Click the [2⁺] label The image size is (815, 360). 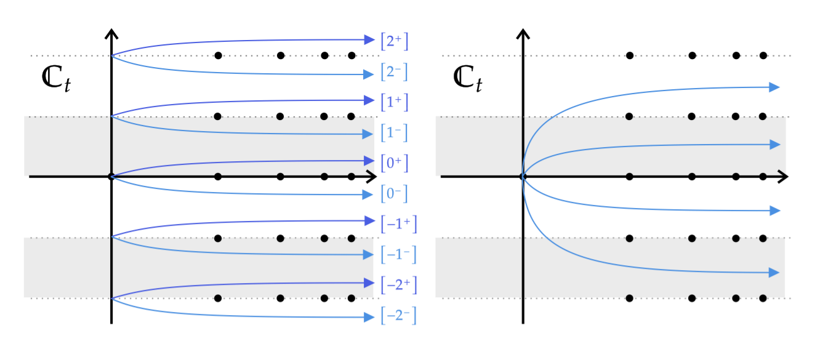[395, 41]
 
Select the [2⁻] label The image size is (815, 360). [395, 73]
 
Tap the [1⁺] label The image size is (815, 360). [395, 102]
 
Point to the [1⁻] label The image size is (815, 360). [395, 132]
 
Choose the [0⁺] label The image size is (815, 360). [395, 163]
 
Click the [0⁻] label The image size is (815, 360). [395, 194]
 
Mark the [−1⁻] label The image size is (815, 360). [399, 254]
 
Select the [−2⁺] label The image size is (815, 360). [399, 285]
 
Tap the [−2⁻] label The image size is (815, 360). [399, 316]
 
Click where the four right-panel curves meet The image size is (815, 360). [523, 177]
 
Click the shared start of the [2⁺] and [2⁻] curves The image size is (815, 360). [112, 56]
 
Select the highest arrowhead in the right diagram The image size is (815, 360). [775, 87]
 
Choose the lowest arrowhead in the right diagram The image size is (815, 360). [775, 272]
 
